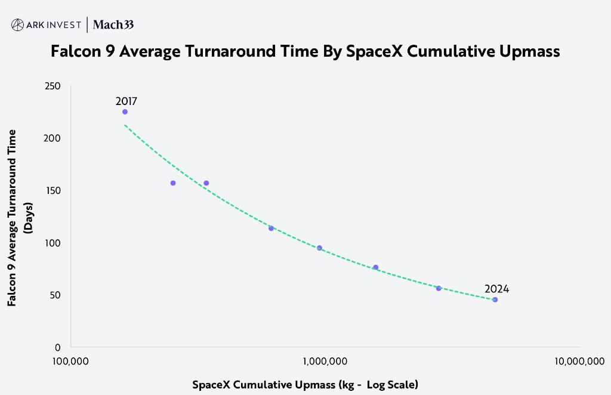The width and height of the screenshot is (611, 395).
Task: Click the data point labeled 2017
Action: pyautogui.click(x=125, y=112)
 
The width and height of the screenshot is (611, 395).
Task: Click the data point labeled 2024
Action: pyautogui.click(x=495, y=300)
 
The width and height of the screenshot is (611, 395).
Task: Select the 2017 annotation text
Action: pyautogui.click(x=126, y=101)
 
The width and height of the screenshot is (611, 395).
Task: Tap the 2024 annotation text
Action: pyautogui.click(x=496, y=289)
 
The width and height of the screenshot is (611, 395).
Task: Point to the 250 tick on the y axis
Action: pyautogui.click(x=53, y=86)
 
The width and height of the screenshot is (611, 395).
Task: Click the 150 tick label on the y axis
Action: pyautogui.click(x=53, y=190)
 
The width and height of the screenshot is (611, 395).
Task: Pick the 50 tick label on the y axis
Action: pyautogui.click(x=55, y=295)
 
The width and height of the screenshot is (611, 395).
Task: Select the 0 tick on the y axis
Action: pyautogui.click(x=58, y=347)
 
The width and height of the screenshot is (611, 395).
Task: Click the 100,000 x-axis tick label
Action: pyautogui.click(x=71, y=361)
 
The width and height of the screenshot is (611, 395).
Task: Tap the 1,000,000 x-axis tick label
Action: pyautogui.click(x=325, y=361)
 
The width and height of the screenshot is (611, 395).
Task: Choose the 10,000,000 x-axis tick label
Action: pyautogui.click(x=579, y=361)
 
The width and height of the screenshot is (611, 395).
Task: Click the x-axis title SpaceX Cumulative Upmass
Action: pyautogui.click(x=305, y=384)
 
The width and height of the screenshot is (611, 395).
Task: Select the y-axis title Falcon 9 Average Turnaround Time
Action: pyautogui.click(x=12, y=217)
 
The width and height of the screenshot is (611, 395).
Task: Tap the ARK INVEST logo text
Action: pyautogui.click(x=54, y=24)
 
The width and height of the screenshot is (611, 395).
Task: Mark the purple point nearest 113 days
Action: pyautogui.click(x=271, y=228)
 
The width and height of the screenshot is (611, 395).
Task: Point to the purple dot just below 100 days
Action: pyautogui.click(x=319, y=248)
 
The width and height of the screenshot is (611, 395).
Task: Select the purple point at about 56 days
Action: pyautogui.click(x=439, y=288)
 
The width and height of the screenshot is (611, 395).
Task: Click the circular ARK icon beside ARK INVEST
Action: pyautogui.click(x=18, y=24)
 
